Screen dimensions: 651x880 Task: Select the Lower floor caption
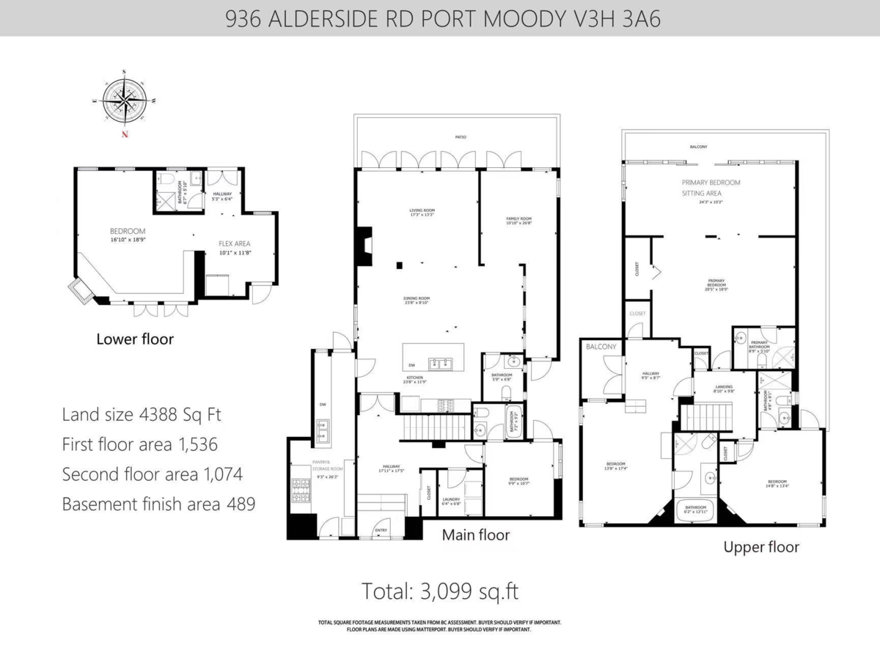point(135,339)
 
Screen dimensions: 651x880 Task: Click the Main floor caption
point(475,535)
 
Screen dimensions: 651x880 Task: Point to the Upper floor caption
point(761,547)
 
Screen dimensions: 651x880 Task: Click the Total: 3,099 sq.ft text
point(441,591)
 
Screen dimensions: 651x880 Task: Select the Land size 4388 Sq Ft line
point(142,415)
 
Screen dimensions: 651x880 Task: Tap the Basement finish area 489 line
point(159,504)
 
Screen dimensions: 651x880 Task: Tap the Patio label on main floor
point(459,137)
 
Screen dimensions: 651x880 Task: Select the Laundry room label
point(451,501)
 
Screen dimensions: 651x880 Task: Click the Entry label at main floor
point(381,529)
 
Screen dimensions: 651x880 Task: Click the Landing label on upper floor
point(725,389)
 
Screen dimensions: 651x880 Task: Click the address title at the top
point(440,18)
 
